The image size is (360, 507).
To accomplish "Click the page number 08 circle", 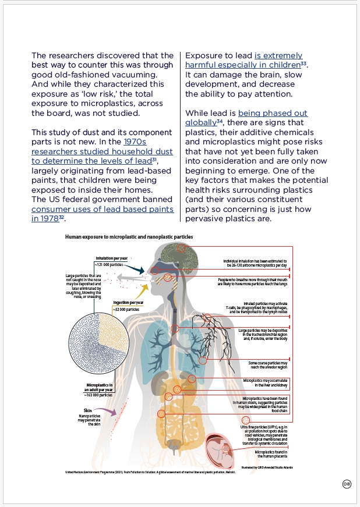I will point(346,484).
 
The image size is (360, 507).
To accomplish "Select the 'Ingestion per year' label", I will point(129,303).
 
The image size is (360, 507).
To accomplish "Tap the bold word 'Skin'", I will point(88,410).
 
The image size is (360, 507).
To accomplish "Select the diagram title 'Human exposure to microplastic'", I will point(129,237).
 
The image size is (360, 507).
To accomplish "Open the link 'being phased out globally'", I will point(246,118).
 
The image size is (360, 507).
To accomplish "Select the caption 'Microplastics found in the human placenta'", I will point(273,454).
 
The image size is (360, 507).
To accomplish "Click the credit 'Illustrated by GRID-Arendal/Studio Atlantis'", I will point(267,467).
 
